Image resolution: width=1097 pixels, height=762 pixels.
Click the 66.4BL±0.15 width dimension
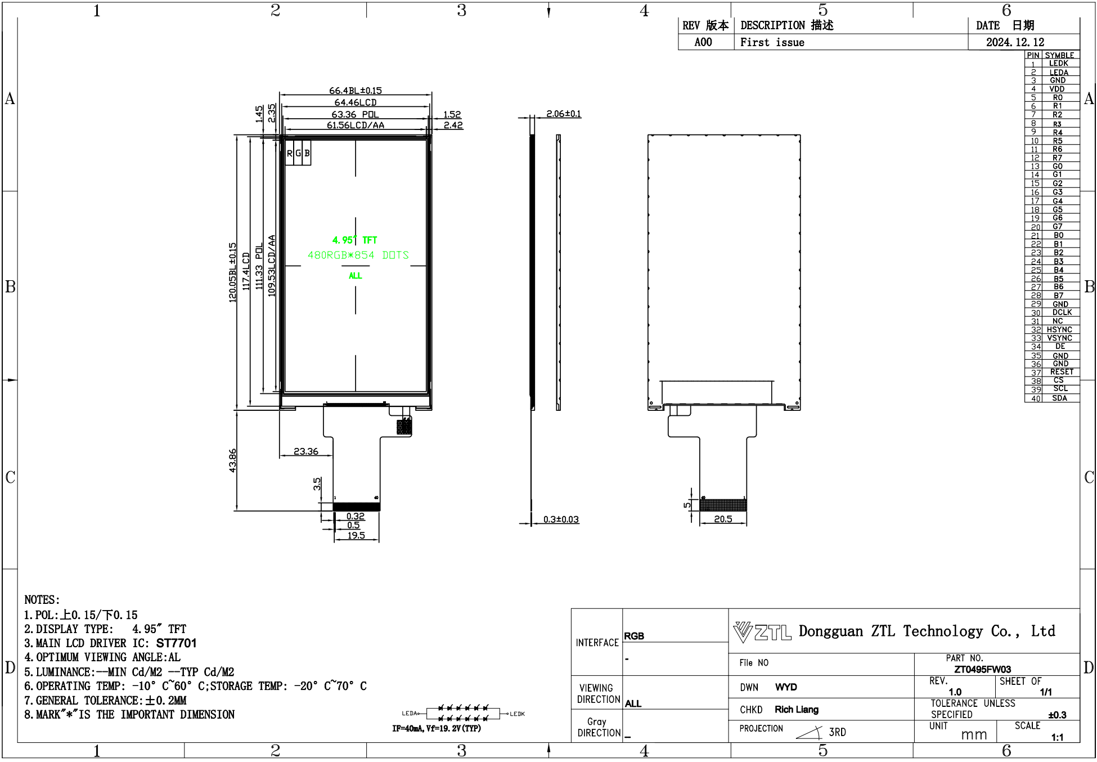click(355, 90)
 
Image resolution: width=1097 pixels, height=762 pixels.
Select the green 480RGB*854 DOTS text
click(358, 255)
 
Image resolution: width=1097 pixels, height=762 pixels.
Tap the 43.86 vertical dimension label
click(233, 460)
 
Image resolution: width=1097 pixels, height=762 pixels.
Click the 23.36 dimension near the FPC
click(305, 451)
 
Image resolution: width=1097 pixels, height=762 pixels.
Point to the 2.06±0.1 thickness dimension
click(563, 114)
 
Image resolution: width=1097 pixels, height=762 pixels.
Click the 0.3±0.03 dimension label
click(561, 519)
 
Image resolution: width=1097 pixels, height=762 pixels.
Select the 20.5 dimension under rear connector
click(723, 519)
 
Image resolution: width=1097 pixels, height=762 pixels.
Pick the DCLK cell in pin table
click(1061, 312)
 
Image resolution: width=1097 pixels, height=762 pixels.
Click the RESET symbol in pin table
click(1061, 372)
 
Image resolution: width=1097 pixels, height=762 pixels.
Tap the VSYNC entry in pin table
click(1060, 338)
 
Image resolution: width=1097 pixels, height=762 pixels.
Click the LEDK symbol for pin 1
click(1059, 64)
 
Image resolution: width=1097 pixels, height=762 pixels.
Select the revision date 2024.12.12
click(1015, 42)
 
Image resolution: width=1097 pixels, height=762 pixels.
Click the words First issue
click(772, 42)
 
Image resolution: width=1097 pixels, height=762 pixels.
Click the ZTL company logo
click(762, 632)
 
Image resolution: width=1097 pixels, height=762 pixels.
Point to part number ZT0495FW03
click(982, 669)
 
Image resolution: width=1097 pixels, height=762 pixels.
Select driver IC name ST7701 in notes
click(176, 643)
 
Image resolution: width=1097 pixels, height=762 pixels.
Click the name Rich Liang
click(796, 710)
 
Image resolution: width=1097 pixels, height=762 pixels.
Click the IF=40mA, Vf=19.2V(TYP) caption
click(437, 728)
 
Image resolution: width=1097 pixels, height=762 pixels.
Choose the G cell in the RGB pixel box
click(298, 153)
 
